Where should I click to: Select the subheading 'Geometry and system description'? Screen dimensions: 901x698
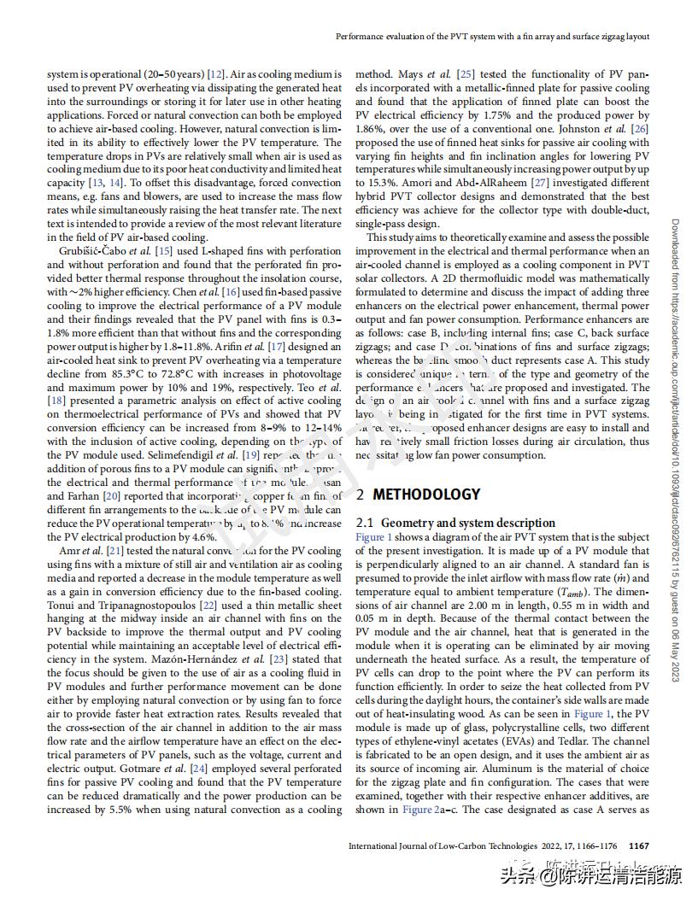point(468,523)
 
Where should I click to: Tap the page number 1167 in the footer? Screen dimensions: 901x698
point(639,846)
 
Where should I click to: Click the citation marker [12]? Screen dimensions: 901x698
point(215,75)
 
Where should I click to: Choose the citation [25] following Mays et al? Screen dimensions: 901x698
point(466,75)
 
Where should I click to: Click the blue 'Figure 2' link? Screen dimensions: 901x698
point(418,810)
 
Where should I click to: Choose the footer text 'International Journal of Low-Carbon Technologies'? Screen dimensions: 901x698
point(443,846)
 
